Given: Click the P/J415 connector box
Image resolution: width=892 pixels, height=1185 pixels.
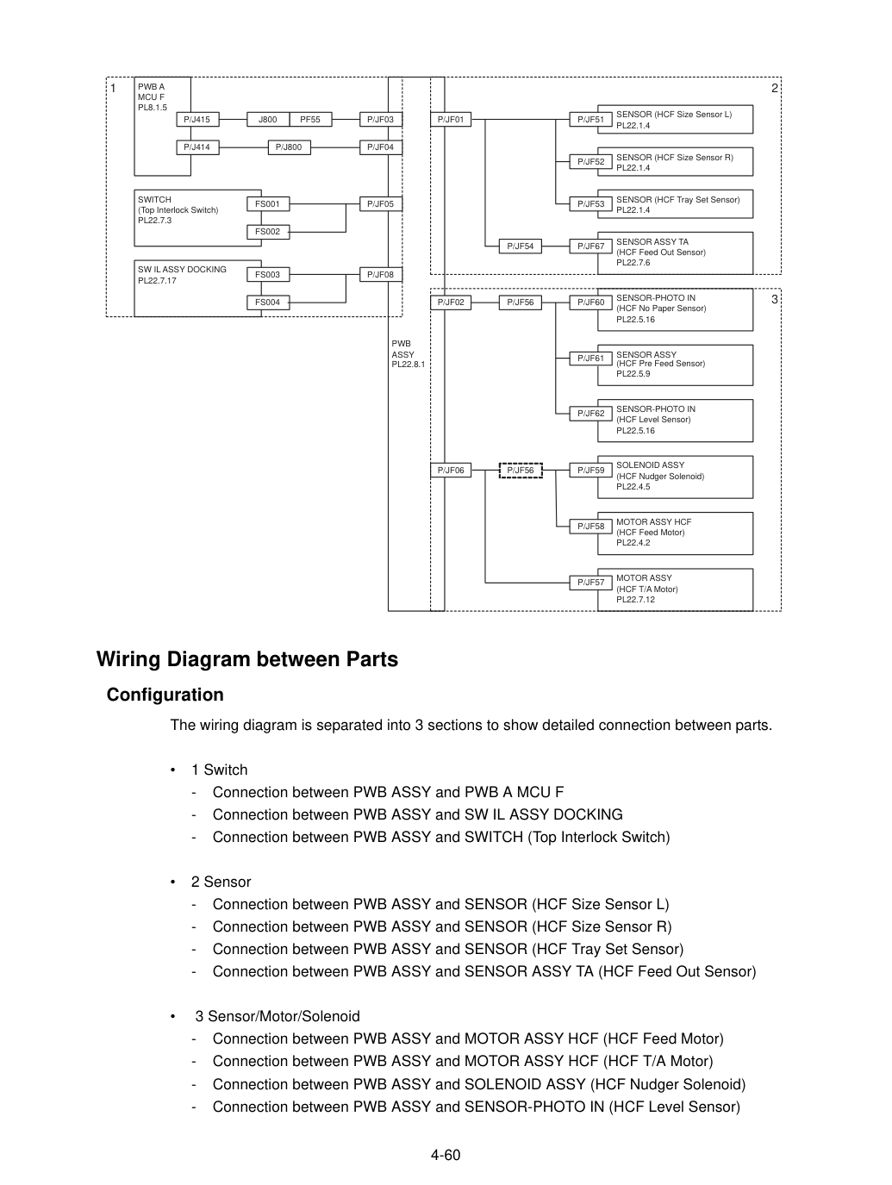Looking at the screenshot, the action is (x=197, y=119).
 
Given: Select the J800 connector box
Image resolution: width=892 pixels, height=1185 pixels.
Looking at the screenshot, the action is (x=268, y=119).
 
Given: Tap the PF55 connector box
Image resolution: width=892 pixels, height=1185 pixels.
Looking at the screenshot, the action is (x=310, y=119).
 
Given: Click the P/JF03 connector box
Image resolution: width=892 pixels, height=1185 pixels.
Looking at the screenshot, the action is (x=380, y=119).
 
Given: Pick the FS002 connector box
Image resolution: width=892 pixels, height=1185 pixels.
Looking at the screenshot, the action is (x=268, y=232).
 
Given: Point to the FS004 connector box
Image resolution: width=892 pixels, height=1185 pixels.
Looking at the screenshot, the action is (x=268, y=302).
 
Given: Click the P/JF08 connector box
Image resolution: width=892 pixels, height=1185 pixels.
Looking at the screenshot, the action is (x=380, y=275).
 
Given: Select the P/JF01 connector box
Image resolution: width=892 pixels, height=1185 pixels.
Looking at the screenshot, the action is (x=451, y=119).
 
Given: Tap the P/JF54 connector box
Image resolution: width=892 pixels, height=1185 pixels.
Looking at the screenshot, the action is (x=521, y=246).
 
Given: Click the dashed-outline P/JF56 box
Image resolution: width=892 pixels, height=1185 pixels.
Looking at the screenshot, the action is (x=521, y=471).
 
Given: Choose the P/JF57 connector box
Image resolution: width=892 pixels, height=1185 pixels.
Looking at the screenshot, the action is (x=591, y=583).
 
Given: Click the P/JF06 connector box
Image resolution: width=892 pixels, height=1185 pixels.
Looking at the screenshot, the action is (x=451, y=471).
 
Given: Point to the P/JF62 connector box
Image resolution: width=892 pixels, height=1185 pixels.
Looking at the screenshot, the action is (x=591, y=414).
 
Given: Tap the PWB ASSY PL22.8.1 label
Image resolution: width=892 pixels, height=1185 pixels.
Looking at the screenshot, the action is (x=408, y=354).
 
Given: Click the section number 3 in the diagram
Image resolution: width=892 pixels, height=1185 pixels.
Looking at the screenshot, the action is (x=775, y=299).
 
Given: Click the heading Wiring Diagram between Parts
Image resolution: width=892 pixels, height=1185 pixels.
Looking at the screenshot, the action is (x=247, y=659).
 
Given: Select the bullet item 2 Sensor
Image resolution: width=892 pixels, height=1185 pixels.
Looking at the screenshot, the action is (x=221, y=883).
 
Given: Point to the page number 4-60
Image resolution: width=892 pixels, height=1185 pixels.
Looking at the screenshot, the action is (x=446, y=1155).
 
